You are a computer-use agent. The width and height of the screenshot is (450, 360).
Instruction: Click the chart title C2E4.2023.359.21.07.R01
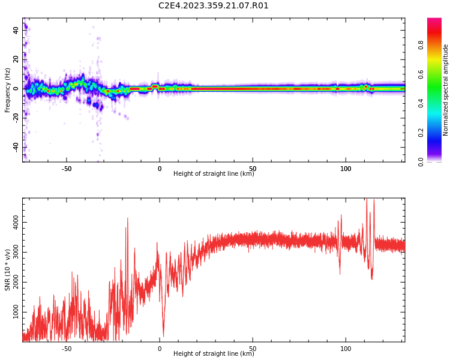pyautogui.click(x=214, y=6)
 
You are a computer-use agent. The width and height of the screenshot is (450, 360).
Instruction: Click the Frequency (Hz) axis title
pyautogui.click(x=8, y=89)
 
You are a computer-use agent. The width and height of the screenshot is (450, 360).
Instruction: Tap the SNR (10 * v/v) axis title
pyautogui.click(x=8, y=269)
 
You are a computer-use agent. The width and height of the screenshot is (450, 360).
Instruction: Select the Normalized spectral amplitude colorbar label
pyautogui.click(x=446, y=89)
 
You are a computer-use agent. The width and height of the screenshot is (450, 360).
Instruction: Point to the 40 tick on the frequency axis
pyautogui.click(x=17, y=30)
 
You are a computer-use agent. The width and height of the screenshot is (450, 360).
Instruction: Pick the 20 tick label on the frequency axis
pyautogui.click(x=17, y=59)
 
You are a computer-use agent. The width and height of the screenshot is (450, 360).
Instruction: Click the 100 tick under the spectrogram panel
pyautogui.click(x=346, y=169)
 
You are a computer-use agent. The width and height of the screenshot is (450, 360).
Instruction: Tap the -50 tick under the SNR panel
pyautogui.click(x=67, y=349)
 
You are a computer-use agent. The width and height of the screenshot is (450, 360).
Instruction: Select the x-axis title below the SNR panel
pyautogui.click(x=214, y=354)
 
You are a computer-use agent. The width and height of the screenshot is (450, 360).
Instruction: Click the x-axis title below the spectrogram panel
pyautogui.click(x=214, y=174)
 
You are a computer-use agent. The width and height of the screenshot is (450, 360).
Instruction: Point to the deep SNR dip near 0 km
pyautogui.click(x=163, y=335)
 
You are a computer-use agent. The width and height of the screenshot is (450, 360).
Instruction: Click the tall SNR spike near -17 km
pyautogui.click(x=127, y=219)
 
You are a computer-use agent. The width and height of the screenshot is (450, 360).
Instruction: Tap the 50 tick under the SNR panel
pyautogui.click(x=253, y=349)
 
